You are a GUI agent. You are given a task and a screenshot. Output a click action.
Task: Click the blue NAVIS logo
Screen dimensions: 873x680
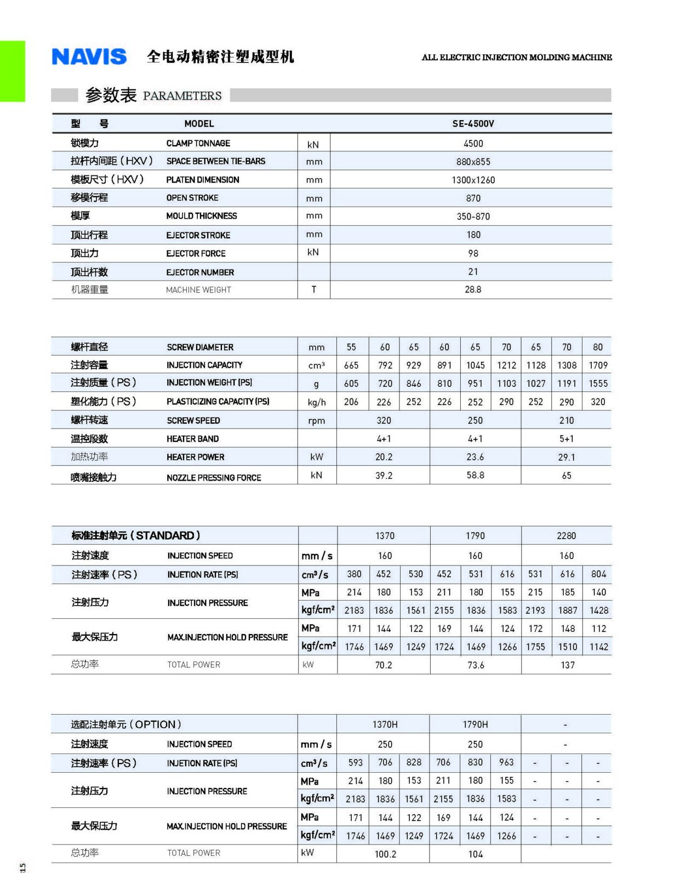pyautogui.click(x=89, y=57)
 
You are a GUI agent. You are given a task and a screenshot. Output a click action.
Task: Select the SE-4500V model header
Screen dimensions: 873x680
pyautogui.click(x=473, y=124)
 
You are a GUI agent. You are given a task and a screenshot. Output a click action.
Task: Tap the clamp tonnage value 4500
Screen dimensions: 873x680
pyautogui.click(x=473, y=144)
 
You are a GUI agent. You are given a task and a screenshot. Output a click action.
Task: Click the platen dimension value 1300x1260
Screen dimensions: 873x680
pyautogui.click(x=473, y=180)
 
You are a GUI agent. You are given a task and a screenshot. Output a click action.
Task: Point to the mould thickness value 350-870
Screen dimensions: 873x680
pyautogui.click(x=473, y=216)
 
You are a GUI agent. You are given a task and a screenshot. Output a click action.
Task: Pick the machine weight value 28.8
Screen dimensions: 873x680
pyautogui.click(x=473, y=289)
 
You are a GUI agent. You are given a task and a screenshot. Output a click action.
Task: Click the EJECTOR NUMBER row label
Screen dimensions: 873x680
pyautogui.click(x=200, y=272)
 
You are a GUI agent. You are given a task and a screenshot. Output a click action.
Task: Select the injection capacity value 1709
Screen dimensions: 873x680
pyautogui.click(x=598, y=366)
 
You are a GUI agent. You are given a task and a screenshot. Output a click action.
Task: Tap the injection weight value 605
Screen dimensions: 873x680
pyautogui.click(x=351, y=384)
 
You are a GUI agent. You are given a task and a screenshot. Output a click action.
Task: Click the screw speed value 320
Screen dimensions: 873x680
pyautogui.click(x=384, y=420)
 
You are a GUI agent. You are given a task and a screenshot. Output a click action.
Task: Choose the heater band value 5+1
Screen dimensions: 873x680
pyautogui.click(x=567, y=439)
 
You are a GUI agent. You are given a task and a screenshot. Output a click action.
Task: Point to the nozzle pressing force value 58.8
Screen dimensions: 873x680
pyautogui.click(x=475, y=475)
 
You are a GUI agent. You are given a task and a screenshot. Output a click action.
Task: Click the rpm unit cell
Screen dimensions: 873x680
pyautogui.click(x=317, y=421)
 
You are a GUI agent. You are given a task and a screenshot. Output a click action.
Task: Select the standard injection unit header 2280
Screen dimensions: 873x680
pyautogui.click(x=567, y=536)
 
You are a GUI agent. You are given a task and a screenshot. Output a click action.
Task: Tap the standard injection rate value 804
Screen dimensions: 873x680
pyautogui.click(x=598, y=574)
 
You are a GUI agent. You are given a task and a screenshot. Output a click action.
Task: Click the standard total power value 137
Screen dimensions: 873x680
pyautogui.click(x=568, y=665)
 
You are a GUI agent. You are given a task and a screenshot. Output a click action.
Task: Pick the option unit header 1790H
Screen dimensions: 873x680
pyautogui.click(x=475, y=724)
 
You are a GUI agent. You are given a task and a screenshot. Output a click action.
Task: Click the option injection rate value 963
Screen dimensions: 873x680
pyautogui.click(x=506, y=762)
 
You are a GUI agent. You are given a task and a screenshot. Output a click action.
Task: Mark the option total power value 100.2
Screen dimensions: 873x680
pyautogui.click(x=385, y=854)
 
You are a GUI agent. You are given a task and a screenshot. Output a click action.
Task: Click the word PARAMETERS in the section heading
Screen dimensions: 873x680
pyautogui.click(x=182, y=96)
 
